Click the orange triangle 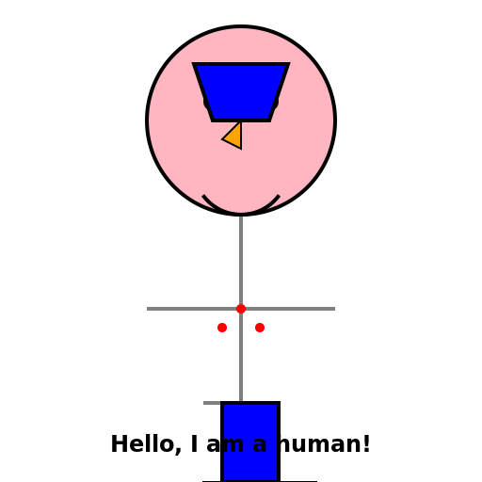234,137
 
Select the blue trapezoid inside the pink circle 241,92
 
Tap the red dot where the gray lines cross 241,309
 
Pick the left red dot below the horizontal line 222,328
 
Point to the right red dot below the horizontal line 260,328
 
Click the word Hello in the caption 144,444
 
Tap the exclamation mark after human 366,444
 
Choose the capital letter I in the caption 195,444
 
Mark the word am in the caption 225,446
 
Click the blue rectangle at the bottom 250,442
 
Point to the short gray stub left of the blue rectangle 212,403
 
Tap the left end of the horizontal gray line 147,309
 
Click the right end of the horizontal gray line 335,309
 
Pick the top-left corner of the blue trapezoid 193,64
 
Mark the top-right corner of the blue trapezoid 289,64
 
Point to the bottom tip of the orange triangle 241,149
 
